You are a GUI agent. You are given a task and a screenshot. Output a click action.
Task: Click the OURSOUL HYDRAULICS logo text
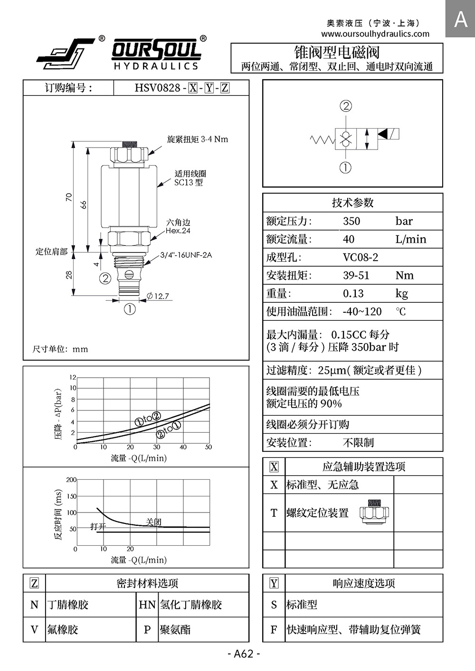[156, 54]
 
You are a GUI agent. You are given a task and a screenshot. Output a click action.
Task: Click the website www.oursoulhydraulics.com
[375, 34]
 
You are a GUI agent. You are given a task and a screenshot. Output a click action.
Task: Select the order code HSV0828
[157, 88]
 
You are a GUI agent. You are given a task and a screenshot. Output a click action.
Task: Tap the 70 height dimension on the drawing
[69, 197]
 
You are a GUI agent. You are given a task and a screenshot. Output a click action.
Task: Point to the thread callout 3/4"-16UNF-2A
[186, 255]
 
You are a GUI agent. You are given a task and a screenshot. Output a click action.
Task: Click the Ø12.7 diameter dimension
[158, 296]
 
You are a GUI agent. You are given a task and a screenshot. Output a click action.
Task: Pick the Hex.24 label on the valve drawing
[178, 231]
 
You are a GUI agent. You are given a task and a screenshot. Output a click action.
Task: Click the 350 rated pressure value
[351, 221]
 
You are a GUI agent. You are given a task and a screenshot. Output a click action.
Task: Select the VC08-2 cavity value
[361, 257]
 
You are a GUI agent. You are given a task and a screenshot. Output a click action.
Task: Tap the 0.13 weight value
[353, 293]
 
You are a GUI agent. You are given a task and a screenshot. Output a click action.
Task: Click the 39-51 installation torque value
[356, 275]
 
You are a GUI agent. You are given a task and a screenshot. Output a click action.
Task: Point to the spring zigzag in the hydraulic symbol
[323, 140]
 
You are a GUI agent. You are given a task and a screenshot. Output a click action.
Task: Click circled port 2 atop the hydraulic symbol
[346, 106]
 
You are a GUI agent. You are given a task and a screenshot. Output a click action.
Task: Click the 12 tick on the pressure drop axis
[73, 377]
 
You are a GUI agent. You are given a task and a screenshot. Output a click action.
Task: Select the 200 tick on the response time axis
[71, 480]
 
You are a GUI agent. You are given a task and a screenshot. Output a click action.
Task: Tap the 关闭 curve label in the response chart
[153, 522]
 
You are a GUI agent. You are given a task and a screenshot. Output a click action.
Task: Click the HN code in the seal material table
[147, 605]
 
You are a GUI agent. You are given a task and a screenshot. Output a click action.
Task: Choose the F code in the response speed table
[274, 629]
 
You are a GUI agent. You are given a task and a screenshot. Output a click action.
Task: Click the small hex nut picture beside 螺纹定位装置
[374, 512]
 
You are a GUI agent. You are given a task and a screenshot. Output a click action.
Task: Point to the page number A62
[244, 653]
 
